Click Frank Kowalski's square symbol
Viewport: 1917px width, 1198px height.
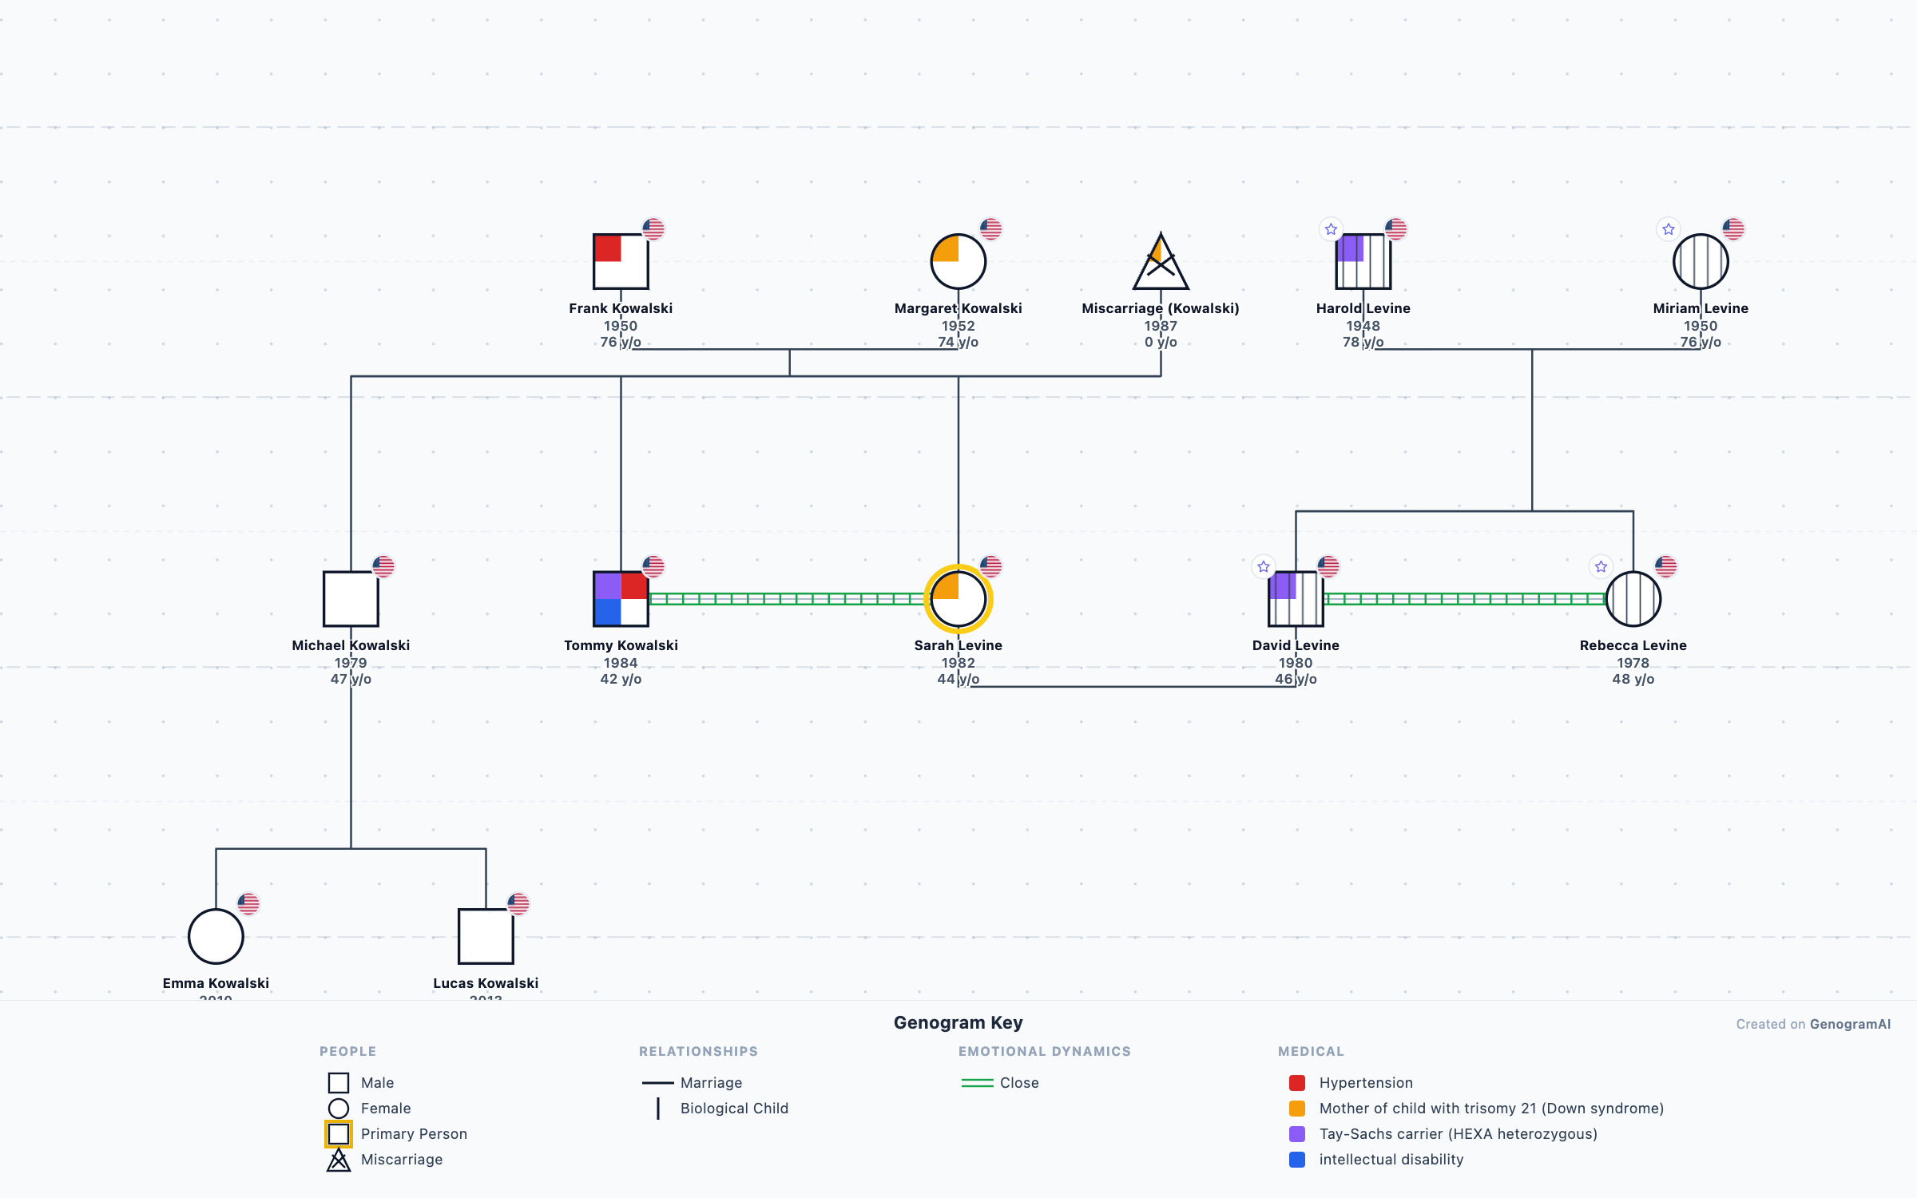click(621, 261)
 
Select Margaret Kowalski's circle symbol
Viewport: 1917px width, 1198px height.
click(958, 261)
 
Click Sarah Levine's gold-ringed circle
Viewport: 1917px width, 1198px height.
click(958, 599)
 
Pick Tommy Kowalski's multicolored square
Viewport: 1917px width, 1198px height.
click(621, 599)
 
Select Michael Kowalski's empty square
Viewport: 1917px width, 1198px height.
click(351, 599)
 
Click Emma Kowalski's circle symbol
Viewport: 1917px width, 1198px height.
click(216, 936)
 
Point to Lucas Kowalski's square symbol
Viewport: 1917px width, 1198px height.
click(486, 936)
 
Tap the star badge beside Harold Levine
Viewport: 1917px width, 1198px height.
click(1331, 229)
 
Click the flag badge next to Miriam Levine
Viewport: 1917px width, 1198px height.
click(1733, 229)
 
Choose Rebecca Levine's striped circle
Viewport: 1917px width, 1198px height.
click(1633, 599)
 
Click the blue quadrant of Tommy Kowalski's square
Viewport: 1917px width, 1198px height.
click(608, 612)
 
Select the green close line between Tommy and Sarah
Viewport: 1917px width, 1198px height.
click(787, 599)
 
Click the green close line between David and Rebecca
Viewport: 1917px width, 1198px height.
click(1464, 599)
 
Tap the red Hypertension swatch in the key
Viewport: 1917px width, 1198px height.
click(1297, 1083)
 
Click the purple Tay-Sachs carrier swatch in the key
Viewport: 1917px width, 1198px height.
click(1297, 1134)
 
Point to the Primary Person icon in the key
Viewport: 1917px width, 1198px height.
click(339, 1134)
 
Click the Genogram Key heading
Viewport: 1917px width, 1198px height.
click(958, 1023)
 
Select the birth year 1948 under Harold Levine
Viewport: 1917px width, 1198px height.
click(1363, 326)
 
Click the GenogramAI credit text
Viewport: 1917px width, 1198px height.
click(1850, 1024)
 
